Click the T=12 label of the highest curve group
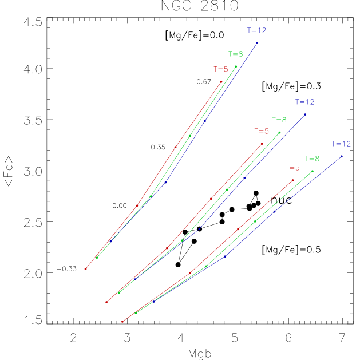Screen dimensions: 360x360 (x=256, y=30)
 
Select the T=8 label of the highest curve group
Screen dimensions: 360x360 (x=235, y=54)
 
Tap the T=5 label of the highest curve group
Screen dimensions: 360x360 (x=220, y=69)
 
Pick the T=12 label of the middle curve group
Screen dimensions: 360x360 (x=305, y=102)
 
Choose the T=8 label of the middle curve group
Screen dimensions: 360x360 (x=279, y=120)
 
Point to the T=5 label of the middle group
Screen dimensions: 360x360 (x=261, y=131)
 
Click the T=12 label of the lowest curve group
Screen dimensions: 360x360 (x=341, y=144)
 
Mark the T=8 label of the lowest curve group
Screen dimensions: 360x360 (x=312, y=159)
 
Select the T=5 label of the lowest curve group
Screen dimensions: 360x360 (x=292, y=168)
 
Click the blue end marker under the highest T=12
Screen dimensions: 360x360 (x=257, y=43)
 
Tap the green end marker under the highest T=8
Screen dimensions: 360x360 (x=236, y=66)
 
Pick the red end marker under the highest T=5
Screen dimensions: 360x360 (x=221, y=82)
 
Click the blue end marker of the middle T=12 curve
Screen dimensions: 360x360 (x=305, y=114)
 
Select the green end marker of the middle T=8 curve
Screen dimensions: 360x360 (x=279, y=132)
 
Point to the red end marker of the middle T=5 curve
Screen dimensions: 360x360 (x=262, y=144)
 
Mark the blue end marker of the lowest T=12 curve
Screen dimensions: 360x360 (x=342, y=156)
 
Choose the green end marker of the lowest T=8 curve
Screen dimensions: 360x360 (x=312, y=171)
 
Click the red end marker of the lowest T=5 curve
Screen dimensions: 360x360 (x=292, y=180)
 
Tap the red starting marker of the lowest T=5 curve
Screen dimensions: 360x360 (x=122, y=322)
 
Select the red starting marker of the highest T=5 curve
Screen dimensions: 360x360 (x=86, y=268)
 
